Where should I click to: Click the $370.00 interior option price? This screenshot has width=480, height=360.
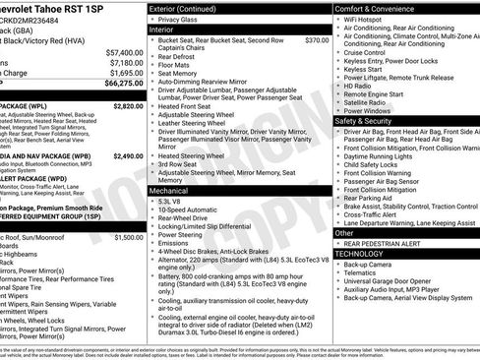(317, 40)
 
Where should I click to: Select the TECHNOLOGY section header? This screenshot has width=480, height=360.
(365, 254)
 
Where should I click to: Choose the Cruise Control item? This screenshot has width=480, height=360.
(370, 52)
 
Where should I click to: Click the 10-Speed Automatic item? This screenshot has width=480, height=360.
(188, 210)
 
